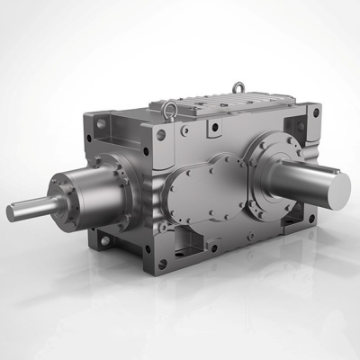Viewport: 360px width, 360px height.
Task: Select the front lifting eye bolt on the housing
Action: [170, 110]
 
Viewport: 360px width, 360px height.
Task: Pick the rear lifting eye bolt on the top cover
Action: [239, 87]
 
